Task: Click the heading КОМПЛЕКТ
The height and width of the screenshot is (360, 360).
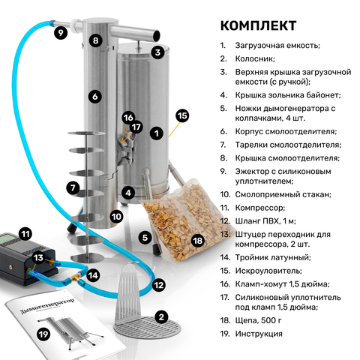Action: [258, 25]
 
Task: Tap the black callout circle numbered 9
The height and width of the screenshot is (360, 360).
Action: [61, 32]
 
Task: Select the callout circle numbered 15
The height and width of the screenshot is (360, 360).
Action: [182, 115]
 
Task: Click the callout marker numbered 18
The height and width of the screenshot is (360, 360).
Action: [198, 241]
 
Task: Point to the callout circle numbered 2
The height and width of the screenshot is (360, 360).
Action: [161, 317]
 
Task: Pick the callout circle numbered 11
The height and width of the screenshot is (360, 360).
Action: [25, 234]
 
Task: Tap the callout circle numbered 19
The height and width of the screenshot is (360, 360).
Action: [43, 334]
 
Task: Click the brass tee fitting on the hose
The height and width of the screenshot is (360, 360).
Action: [75, 277]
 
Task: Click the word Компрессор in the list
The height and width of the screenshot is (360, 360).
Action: [259, 208]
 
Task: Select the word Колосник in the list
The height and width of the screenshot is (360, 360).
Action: [255, 58]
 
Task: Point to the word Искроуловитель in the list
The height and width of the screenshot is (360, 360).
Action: [268, 271]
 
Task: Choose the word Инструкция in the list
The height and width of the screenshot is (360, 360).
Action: [259, 334]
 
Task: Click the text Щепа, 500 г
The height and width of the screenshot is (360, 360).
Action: [258, 320]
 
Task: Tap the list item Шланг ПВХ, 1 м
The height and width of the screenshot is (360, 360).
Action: [265, 221]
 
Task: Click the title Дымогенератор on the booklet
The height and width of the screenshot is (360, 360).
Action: [47, 306]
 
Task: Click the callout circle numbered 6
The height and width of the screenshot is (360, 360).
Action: [95, 97]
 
